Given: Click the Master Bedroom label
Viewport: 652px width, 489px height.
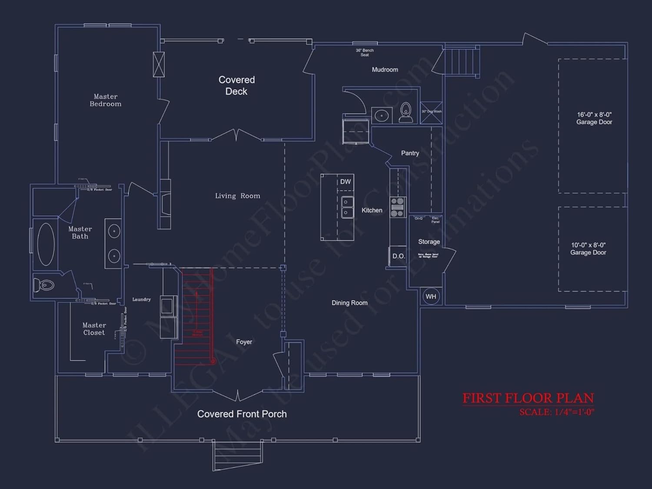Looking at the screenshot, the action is [x=106, y=100].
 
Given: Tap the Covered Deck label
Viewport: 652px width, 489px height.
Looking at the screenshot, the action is [x=236, y=86].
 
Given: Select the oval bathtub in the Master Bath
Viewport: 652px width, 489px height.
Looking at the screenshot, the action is [x=46, y=244].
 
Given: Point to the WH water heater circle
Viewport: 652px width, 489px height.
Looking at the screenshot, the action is [x=431, y=296].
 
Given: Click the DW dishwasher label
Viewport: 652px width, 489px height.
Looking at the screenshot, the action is [x=346, y=182].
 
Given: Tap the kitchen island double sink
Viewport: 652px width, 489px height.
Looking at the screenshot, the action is [x=347, y=207].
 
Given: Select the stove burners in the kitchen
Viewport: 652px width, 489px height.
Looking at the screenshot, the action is [x=397, y=207].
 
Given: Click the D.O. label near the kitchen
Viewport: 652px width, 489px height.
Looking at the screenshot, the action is [x=399, y=256].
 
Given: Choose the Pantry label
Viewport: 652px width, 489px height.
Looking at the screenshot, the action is [x=410, y=153].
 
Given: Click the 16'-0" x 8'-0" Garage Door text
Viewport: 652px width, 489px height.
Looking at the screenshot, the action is [x=594, y=118].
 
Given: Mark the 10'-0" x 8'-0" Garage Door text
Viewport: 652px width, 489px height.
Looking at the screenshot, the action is [x=588, y=249].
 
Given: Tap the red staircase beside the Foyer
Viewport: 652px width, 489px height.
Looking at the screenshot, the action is [x=196, y=317].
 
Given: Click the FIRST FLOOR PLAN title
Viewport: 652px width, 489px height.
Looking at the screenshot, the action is [x=528, y=398].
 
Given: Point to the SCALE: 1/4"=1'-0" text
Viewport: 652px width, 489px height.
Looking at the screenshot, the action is [x=557, y=412].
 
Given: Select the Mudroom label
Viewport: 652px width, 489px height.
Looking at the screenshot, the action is [x=385, y=70].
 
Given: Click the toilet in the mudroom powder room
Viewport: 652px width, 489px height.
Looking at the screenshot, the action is [x=406, y=113].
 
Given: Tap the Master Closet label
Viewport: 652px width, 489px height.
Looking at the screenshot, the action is [x=94, y=329].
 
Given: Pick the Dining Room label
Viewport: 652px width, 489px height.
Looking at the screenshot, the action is [x=349, y=303].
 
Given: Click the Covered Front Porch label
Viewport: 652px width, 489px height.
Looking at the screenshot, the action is [x=242, y=414].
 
